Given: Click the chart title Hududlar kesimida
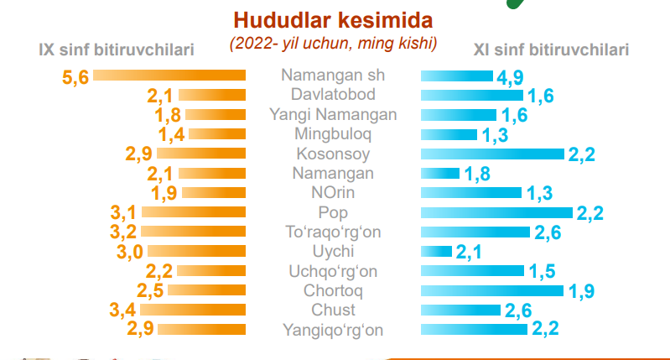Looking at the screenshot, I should [x=333, y=18].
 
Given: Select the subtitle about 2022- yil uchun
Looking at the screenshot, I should [x=333, y=41].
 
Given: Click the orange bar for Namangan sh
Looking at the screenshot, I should [x=169, y=76].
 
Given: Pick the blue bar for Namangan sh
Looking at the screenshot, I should [x=456, y=76].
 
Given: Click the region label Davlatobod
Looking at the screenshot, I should [x=333, y=93].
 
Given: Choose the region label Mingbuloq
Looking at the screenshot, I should [x=333, y=133].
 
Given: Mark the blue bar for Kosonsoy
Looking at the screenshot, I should [x=491, y=154].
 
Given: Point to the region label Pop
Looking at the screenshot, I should [x=333, y=212].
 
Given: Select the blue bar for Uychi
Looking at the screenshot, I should [x=436, y=251].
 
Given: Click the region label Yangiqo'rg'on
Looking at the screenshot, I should [x=333, y=330].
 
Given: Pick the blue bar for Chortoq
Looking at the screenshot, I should [x=491, y=290].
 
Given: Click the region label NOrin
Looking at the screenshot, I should [x=333, y=192].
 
